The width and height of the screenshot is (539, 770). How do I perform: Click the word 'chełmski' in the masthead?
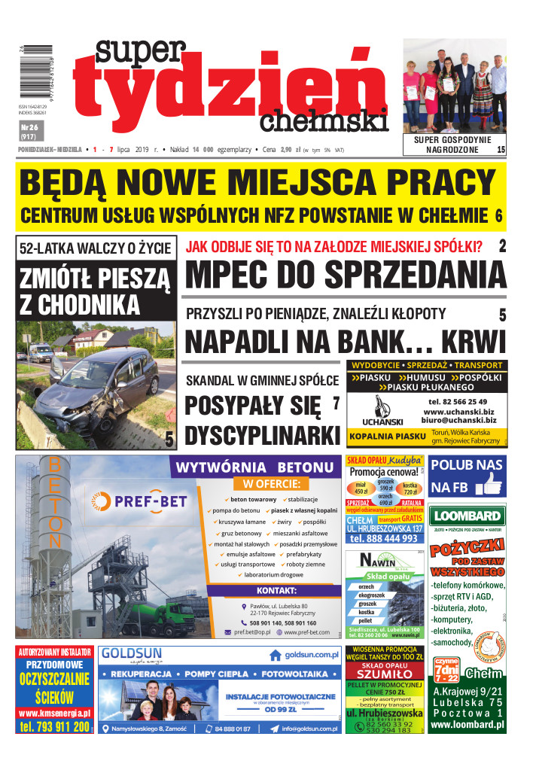tap(335, 120)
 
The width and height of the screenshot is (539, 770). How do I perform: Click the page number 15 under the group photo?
tap(501, 151)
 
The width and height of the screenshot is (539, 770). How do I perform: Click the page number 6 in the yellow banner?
tap(498, 216)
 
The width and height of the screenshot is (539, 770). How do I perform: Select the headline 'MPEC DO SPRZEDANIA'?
tap(344, 275)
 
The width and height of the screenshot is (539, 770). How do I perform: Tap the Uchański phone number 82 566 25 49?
tap(457, 401)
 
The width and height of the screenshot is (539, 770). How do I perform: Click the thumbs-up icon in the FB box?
tap(490, 484)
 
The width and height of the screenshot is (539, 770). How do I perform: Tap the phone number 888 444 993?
tap(384, 538)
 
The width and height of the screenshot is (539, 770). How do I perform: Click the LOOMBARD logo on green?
tap(467, 516)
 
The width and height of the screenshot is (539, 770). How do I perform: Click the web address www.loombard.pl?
tap(467, 726)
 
